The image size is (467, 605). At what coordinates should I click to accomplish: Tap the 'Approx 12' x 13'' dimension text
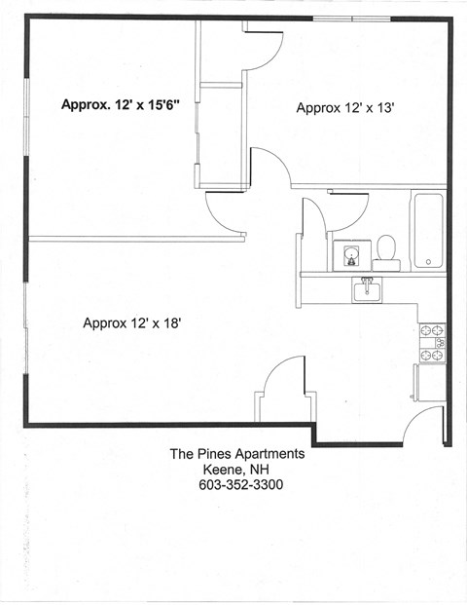click(344, 108)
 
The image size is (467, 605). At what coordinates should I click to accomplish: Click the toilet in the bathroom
click(387, 251)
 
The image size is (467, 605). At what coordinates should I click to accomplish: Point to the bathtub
click(428, 230)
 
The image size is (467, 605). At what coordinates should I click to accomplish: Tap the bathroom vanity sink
click(347, 255)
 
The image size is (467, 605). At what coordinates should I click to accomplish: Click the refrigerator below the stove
click(431, 381)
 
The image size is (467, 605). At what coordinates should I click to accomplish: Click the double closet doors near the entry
click(283, 390)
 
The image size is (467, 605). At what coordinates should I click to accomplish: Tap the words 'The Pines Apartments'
click(237, 453)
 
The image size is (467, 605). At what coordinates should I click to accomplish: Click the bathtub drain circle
click(428, 261)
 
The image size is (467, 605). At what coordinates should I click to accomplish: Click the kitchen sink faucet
click(368, 282)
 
